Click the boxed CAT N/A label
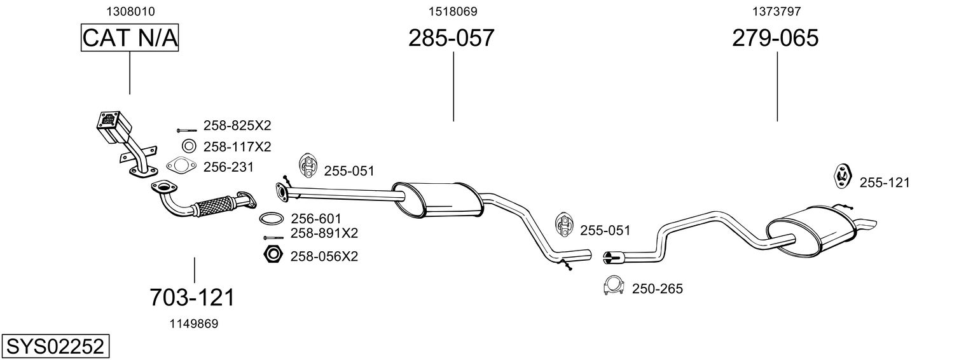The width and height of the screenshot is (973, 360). click(130, 38)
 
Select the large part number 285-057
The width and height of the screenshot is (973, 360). click(451, 38)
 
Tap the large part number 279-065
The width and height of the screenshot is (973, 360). click(775, 38)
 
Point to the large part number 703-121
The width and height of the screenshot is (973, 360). click(192, 297)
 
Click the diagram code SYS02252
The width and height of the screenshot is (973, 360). click(55, 347)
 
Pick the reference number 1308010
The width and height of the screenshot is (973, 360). click(130, 11)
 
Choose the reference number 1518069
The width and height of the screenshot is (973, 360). click(453, 11)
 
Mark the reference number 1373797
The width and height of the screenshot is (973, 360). click(776, 11)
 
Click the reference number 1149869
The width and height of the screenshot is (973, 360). click(193, 324)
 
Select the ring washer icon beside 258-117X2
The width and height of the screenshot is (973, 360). click(188, 146)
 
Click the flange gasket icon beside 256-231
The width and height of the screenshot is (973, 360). click(181, 167)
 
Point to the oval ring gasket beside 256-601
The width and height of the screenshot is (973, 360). click(272, 219)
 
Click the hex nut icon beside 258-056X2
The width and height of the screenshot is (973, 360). click(273, 255)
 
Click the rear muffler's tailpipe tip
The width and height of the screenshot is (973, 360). click(866, 225)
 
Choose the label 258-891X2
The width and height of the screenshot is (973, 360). click(324, 233)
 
